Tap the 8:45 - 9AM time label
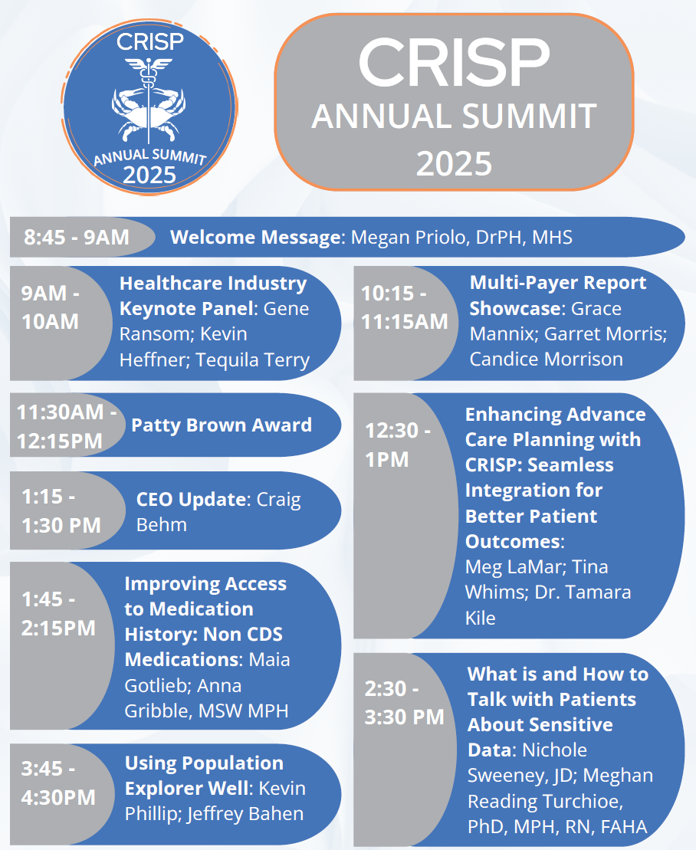pyautogui.click(x=77, y=237)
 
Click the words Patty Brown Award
pyautogui.click(x=222, y=425)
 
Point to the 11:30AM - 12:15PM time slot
pyautogui.click(x=66, y=426)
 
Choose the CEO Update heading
pyautogui.click(x=192, y=499)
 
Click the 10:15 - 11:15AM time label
pyautogui.click(x=405, y=307)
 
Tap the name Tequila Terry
pyautogui.click(x=253, y=359)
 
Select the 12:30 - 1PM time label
pyautogui.click(x=397, y=445)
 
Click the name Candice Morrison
pyautogui.click(x=546, y=359)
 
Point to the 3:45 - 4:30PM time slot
pyautogui.click(x=58, y=783)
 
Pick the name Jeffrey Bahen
pyautogui.click(x=245, y=814)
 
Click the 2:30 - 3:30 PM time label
pyautogui.click(x=404, y=703)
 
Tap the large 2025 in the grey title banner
pyautogui.click(x=455, y=164)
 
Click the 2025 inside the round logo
pyautogui.click(x=149, y=175)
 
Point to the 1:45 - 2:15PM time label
pyautogui.click(x=58, y=614)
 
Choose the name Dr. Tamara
pyautogui.click(x=583, y=592)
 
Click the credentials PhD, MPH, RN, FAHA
pyautogui.click(x=557, y=827)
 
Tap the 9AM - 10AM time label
pyautogui.click(x=50, y=307)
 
